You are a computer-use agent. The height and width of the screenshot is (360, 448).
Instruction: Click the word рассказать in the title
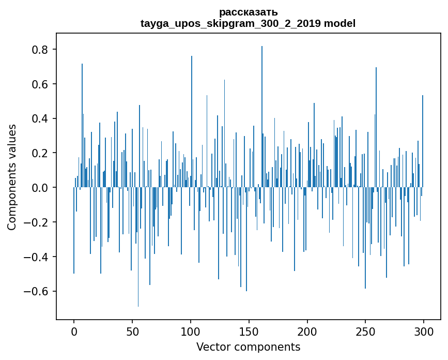click(x=248, y=12)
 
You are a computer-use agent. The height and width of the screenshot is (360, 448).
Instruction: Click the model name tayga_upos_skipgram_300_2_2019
click(x=231, y=23)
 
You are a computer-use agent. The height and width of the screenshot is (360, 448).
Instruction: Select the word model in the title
click(x=339, y=23)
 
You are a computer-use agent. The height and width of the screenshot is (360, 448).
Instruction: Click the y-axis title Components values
click(x=11, y=177)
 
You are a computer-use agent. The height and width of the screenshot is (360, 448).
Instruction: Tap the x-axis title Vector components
click(x=248, y=347)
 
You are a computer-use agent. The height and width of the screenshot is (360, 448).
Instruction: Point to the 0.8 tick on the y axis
click(x=41, y=50)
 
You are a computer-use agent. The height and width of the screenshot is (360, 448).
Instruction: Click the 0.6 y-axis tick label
click(x=41, y=84)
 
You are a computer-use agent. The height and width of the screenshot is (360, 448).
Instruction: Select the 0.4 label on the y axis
click(x=41, y=118)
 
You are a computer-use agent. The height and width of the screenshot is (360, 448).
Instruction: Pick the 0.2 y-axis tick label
click(x=41, y=153)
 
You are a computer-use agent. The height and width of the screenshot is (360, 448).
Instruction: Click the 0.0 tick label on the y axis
click(x=41, y=188)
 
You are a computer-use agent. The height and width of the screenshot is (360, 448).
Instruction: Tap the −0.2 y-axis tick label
click(x=38, y=222)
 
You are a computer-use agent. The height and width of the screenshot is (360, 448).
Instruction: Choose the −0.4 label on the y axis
click(x=38, y=257)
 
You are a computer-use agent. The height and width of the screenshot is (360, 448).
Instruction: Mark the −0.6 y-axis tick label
click(x=38, y=291)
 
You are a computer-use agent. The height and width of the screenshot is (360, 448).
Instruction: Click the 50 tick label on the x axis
click(x=132, y=331)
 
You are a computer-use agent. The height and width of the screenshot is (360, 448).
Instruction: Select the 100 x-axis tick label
click(x=191, y=331)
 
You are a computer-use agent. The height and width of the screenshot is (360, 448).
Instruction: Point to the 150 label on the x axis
click(x=249, y=331)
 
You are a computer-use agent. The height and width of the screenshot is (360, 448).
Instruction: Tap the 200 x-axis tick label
click(x=307, y=331)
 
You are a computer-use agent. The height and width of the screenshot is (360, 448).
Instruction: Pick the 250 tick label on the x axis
click(x=365, y=331)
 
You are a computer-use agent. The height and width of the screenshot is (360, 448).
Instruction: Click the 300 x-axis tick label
click(x=424, y=331)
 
